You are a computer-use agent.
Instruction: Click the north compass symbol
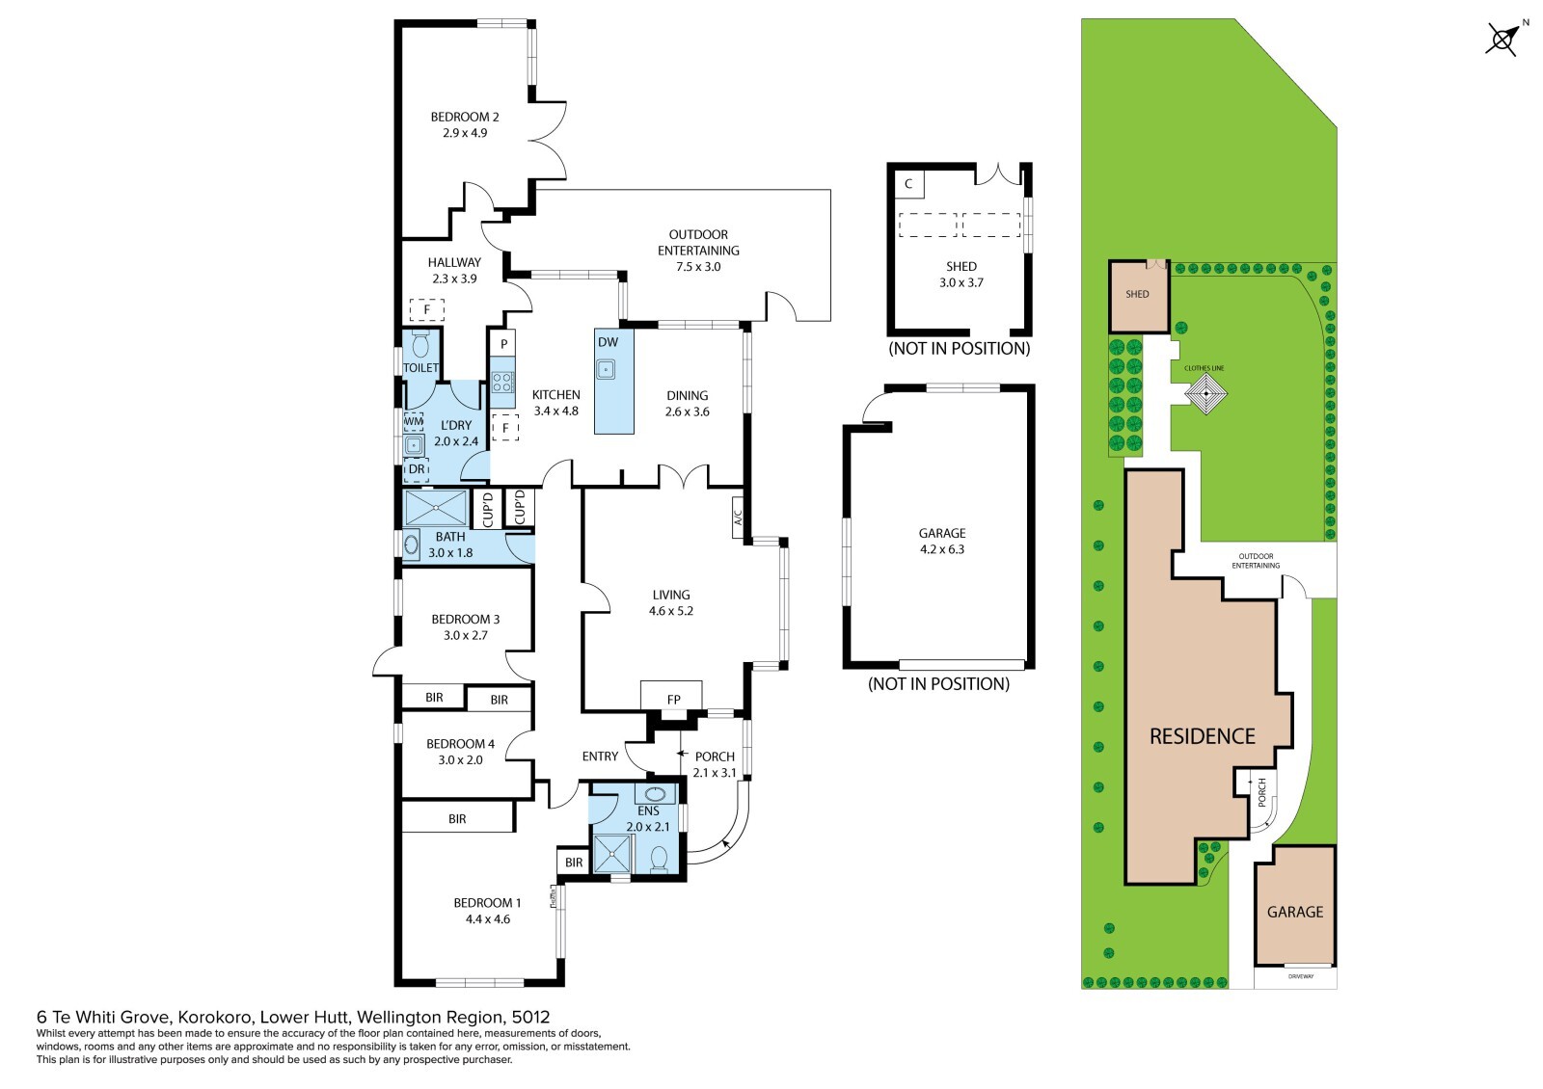[x=1502, y=40]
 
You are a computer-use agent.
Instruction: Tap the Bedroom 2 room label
[x=465, y=118]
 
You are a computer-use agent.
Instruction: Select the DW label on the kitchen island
[x=608, y=342]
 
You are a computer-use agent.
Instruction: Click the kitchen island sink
[x=607, y=367]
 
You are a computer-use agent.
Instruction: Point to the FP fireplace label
[x=673, y=700]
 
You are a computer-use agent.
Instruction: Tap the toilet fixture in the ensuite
[x=660, y=858]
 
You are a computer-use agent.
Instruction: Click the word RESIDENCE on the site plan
[x=1202, y=736]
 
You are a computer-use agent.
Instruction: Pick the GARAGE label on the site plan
[x=1294, y=912]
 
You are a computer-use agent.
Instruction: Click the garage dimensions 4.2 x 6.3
[x=941, y=549]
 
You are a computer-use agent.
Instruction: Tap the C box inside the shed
[x=908, y=183]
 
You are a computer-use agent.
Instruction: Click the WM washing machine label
[x=413, y=421]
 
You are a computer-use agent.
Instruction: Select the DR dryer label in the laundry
[x=417, y=469]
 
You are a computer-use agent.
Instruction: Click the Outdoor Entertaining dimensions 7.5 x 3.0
[x=698, y=267]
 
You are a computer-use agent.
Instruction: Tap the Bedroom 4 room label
[x=460, y=744]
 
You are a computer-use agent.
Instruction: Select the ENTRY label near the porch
[x=600, y=757]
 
